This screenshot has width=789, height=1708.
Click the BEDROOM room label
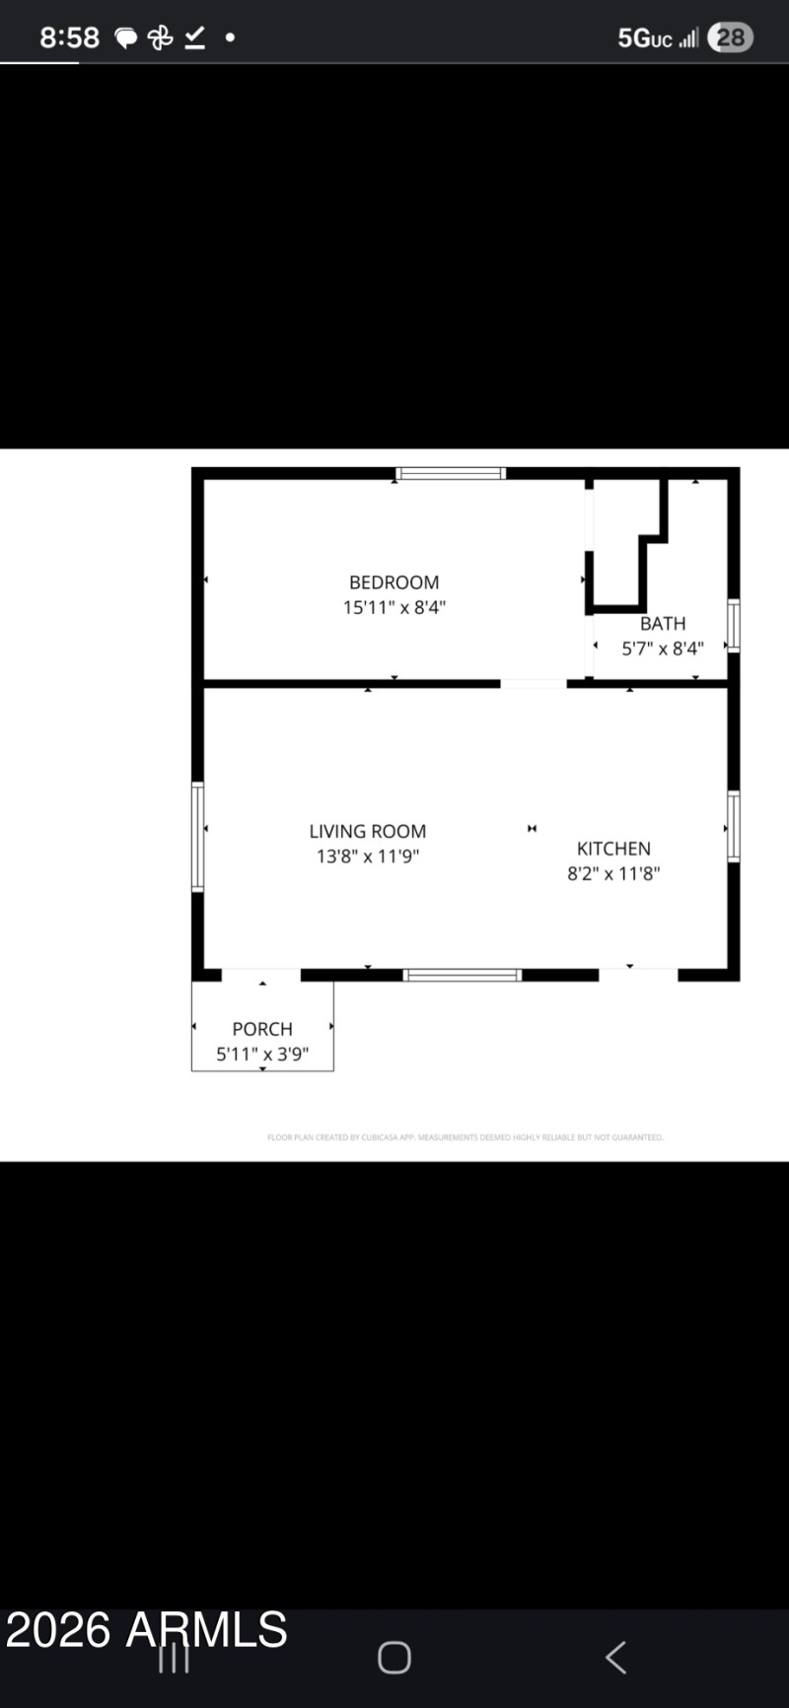[x=394, y=582]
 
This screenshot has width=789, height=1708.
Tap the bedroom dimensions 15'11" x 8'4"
[x=394, y=607]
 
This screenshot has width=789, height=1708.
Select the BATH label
[x=662, y=624]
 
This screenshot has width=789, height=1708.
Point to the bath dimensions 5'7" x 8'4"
[x=662, y=649]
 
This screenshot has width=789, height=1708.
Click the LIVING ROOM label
[x=367, y=832]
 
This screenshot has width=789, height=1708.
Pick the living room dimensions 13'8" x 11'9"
[x=367, y=856]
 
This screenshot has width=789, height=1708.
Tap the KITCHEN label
[x=613, y=849]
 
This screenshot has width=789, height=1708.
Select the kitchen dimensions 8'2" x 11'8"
[x=613, y=873]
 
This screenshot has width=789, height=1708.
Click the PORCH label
[x=261, y=1029]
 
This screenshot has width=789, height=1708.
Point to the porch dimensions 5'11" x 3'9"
[x=261, y=1054]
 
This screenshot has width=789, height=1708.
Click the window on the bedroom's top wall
[x=451, y=473]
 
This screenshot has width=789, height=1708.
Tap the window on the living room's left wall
[x=197, y=837]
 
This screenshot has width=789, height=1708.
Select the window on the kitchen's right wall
[x=733, y=826]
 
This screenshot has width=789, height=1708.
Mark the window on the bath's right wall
[x=733, y=625]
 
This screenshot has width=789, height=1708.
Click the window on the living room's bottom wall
[x=462, y=975]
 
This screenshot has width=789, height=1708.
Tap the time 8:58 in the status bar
[x=69, y=37]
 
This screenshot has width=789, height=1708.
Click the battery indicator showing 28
[x=731, y=37]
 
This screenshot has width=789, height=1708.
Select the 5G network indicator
[x=644, y=37]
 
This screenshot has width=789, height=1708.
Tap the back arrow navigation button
[x=615, y=1657]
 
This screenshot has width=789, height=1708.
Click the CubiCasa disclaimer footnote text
[x=465, y=1137]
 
